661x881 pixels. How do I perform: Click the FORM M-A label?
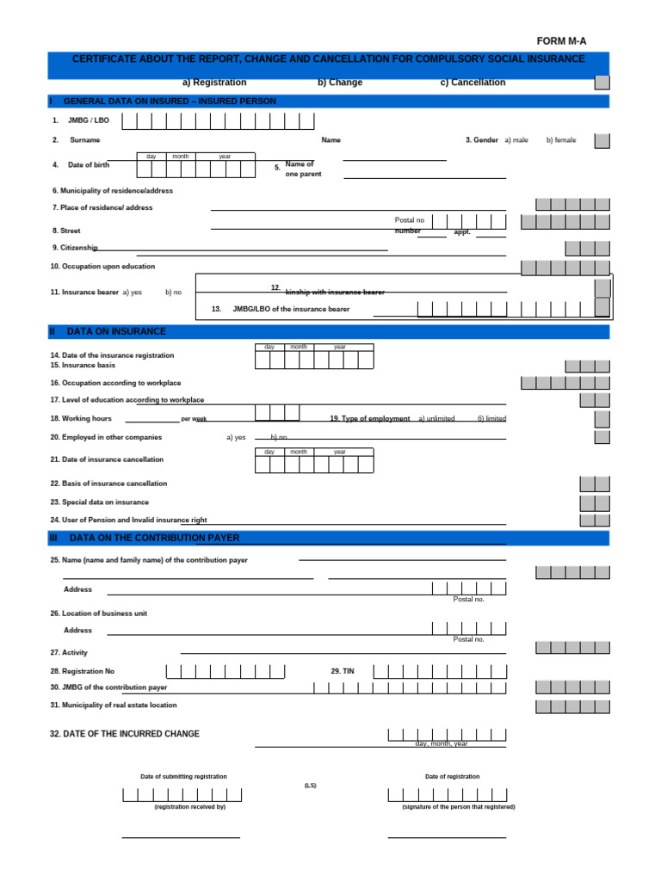click(561, 41)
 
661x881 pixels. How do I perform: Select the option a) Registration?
click(214, 83)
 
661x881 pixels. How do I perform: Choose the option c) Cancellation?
click(473, 83)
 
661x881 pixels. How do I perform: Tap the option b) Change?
click(340, 83)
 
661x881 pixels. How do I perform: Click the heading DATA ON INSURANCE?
click(116, 331)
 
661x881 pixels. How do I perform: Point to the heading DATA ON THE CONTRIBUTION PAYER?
click(154, 538)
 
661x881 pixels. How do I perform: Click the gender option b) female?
click(561, 139)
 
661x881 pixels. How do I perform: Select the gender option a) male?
click(516, 139)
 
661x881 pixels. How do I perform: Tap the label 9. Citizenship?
click(75, 247)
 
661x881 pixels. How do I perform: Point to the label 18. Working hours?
click(81, 418)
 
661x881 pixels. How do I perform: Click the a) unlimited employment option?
click(436, 419)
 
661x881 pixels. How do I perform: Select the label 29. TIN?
click(343, 670)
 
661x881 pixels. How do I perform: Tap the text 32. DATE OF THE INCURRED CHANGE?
click(125, 734)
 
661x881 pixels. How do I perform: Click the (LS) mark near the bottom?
click(311, 785)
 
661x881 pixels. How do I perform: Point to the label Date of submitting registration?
click(183, 776)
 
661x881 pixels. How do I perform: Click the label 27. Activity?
click(69, 652)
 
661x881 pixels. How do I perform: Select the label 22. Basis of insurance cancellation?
click(108, 484)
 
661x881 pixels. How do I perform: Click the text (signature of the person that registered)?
click(459, 807)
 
